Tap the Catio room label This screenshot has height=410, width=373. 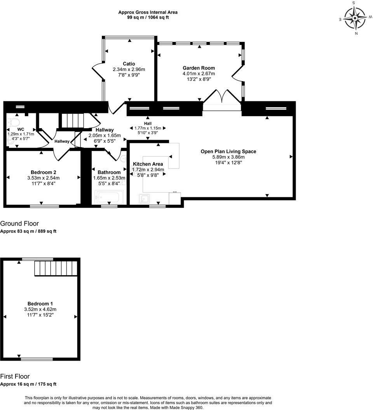coord(129,64)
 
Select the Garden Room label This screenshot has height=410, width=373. coord(199,68)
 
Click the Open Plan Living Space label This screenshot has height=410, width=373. coord(228,151)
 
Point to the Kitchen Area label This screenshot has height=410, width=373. coord(148,164)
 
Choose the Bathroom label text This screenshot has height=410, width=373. coord(109,172)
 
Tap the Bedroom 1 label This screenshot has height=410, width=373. coord(40,304)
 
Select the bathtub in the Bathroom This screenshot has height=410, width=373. coord(109,197)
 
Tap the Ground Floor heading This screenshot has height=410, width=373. coord(19,223)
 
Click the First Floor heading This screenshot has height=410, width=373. coord(15,376)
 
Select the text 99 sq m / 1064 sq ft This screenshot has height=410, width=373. coord(148,17)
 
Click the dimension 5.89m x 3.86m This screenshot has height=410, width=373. coord(228,157)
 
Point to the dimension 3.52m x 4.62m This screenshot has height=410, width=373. coord(40,309)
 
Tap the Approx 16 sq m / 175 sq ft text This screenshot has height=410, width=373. coord(28,384)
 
